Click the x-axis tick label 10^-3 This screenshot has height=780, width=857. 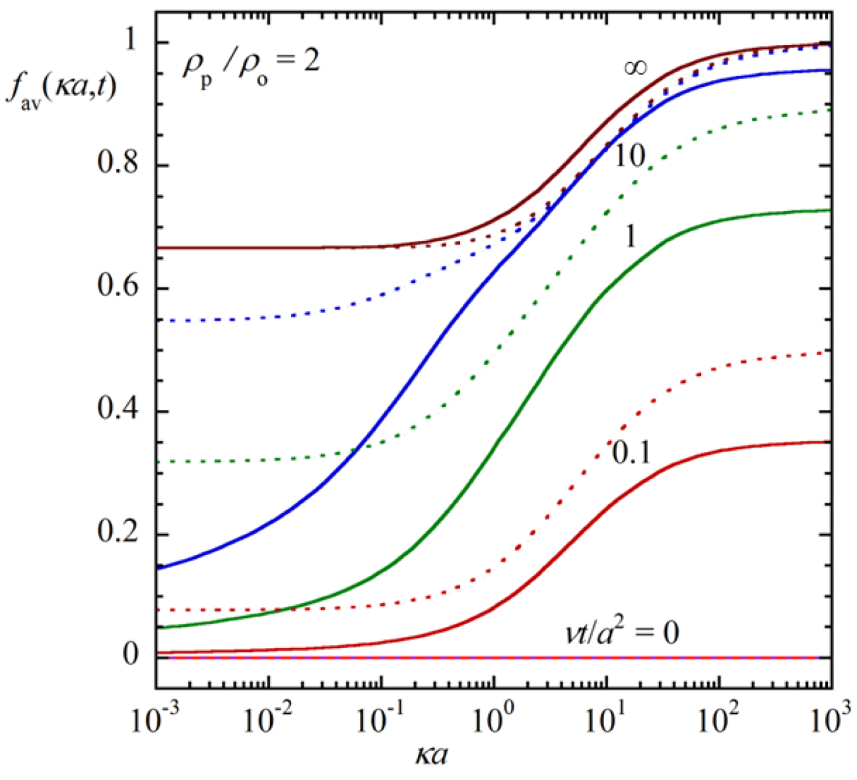156,719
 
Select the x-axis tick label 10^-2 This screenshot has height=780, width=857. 268,719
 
